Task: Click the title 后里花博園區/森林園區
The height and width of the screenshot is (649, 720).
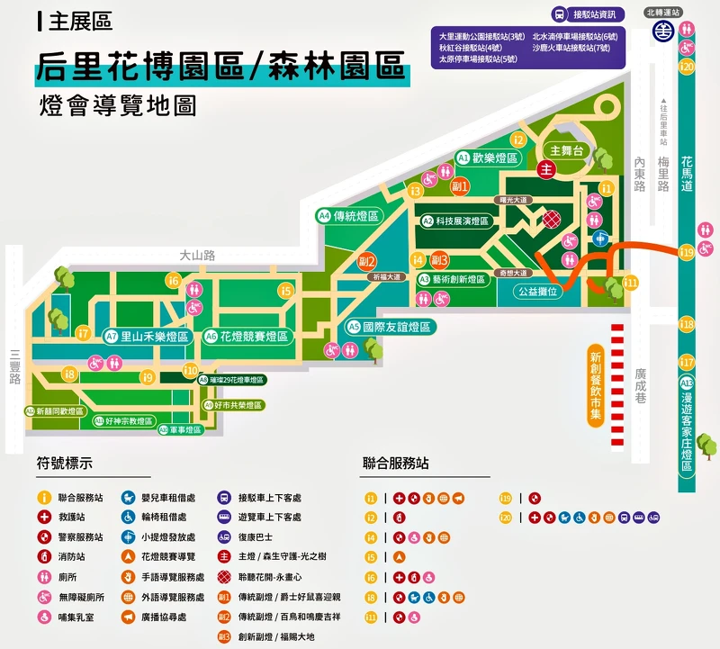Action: (x=220, y=67)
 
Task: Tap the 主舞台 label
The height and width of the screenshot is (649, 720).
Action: (x=567, y=150)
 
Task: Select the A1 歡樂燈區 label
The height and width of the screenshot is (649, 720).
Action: (x=490, y=158)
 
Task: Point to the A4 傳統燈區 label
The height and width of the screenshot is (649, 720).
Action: (x=349, y=216)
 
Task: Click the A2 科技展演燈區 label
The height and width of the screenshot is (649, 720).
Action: (x=456, y=221)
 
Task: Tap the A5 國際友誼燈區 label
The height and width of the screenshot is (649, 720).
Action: (x=391, y=327)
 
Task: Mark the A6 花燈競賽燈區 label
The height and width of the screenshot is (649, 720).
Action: (x=247, y=336)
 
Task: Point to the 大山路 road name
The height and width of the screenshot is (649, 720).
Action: (x=197, y=256)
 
